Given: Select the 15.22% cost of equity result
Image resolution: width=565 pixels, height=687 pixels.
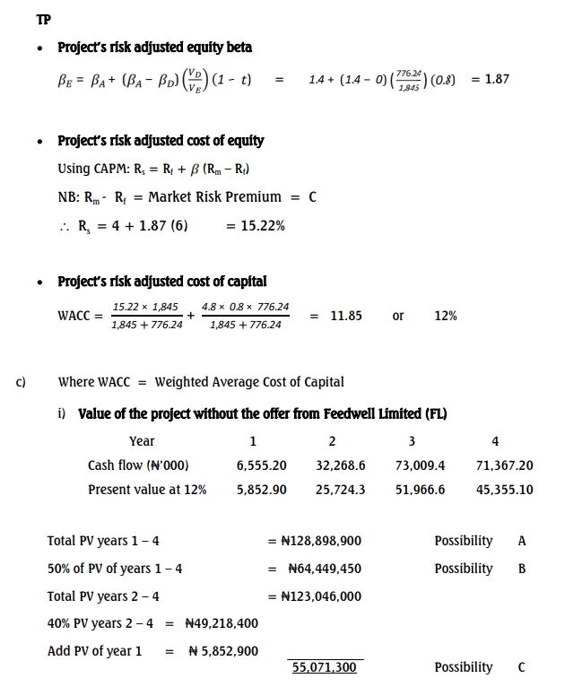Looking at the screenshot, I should coord(263,226).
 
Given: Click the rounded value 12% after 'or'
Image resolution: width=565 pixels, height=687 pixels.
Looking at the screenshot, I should coord(445,316).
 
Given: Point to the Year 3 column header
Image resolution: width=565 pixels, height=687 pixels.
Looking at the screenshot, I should coord(411,440).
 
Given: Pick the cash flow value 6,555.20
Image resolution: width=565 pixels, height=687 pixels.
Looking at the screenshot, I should coord(262,465).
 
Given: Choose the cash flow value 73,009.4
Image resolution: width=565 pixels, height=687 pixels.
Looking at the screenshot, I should coord(420,465).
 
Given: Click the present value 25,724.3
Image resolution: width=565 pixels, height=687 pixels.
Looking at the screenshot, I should coord(341,490).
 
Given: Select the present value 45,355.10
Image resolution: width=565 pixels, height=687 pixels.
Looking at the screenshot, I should coord(504,490).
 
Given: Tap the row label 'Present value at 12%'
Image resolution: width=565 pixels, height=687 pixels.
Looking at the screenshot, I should coord(147,490).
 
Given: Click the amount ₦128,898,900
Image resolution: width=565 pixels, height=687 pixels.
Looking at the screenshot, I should coord(319,541).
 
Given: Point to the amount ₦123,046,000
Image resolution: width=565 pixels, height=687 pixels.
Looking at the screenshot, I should coord(319,596).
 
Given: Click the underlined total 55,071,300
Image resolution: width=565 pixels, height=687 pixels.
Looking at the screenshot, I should coord(324,667).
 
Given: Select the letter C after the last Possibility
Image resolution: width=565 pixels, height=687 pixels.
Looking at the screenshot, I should coord(522,667).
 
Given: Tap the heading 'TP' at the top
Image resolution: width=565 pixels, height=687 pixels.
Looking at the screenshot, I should coord(44,18).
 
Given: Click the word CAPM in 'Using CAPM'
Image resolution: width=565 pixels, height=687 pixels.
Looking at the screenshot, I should coord(112,169).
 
